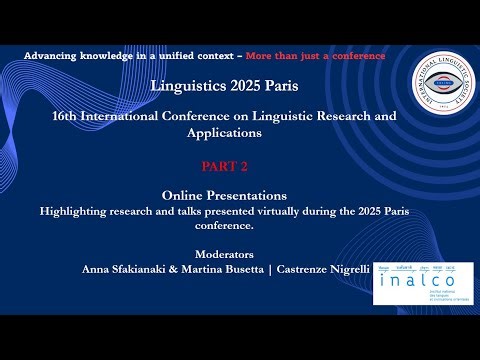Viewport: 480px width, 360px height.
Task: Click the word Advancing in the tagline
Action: [49, 56]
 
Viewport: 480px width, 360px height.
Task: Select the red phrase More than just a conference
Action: [315, 56]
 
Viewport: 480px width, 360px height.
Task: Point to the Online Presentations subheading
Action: [224, 196]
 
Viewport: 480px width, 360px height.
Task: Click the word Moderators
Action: [224, 254]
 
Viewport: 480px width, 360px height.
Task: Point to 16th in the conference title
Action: [66, 116]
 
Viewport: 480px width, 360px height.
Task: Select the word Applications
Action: [224, 132]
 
